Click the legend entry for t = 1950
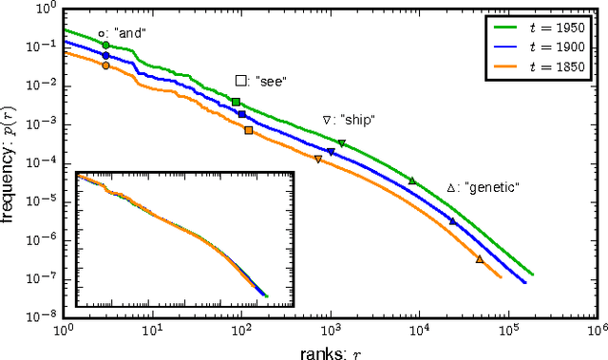534,28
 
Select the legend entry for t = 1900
534,47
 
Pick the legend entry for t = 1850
534,66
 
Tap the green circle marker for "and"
105,45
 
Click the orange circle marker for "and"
105,66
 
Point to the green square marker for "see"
237,102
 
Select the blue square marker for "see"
242,114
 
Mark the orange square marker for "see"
248,130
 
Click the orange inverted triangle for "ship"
318,159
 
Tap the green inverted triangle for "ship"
342,143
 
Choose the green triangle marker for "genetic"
412,180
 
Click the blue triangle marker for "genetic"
452,221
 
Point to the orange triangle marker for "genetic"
479,259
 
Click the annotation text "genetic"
491,188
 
